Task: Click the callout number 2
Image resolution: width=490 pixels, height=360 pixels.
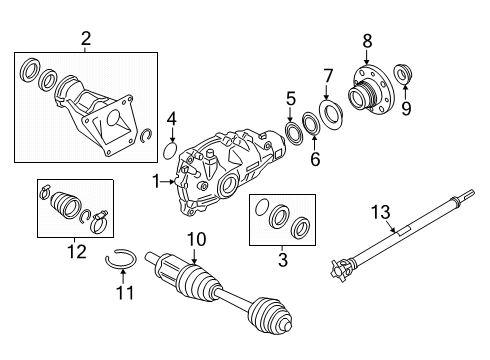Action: point(86,39)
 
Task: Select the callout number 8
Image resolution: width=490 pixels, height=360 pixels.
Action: point(367,40)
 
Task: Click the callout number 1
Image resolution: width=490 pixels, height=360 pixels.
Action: point(156,181)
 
